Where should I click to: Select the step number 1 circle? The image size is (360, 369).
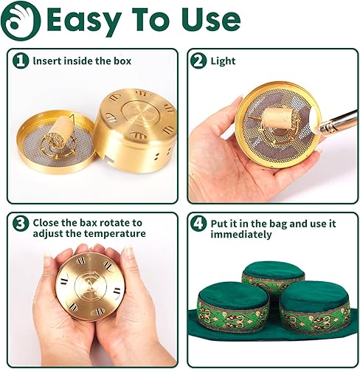tap(21, 61)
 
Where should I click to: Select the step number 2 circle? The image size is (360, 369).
tap(198, 61)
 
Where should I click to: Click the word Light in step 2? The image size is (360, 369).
tap(223, 61)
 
